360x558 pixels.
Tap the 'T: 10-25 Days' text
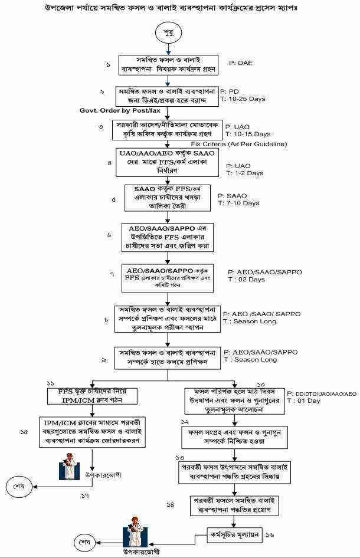tap(243, 99)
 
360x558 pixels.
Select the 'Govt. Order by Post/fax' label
tap(120, 110)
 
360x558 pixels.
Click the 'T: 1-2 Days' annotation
tap(247, 173)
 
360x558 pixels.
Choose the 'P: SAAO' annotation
tap(233, 196)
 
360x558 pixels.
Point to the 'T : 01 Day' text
tap(303, 401)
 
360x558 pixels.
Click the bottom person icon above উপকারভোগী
tap(136, 534)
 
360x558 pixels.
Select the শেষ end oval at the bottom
tap(85, 541)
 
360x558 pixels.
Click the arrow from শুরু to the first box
tap(168, 50)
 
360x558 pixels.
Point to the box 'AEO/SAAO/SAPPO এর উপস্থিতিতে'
tap(168, 237)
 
